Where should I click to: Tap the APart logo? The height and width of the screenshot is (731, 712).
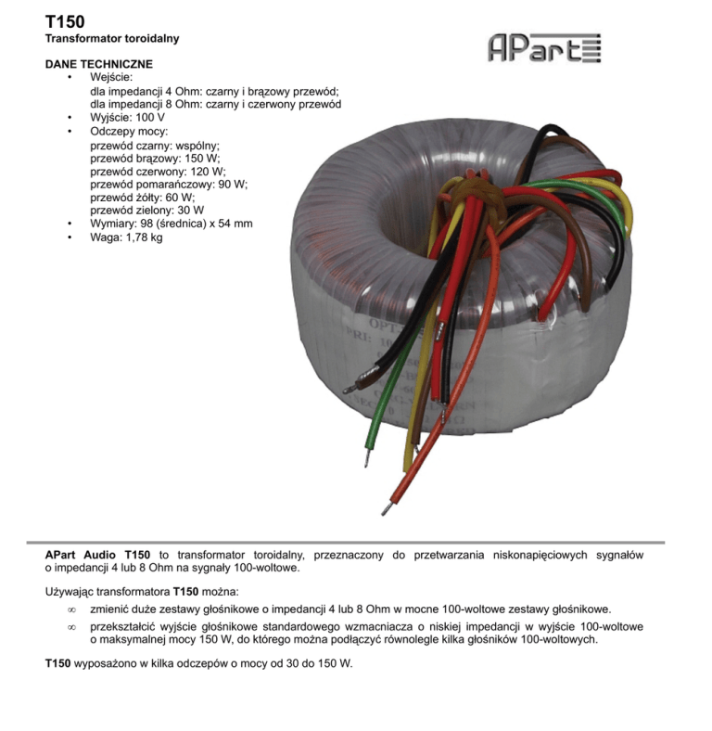pos(544,47)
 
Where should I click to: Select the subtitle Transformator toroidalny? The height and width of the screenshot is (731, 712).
pos(112,39)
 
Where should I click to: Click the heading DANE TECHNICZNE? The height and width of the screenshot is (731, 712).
pos(99,64)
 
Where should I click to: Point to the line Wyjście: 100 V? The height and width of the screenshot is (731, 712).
pos(127,119)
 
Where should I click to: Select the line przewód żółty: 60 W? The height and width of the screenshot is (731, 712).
pos(142,198)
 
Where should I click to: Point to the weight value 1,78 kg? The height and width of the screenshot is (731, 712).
pos(144,237)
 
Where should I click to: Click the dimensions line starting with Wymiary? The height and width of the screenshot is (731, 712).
pos(171,224)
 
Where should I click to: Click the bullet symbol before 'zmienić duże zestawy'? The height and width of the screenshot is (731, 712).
pos(71,609)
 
